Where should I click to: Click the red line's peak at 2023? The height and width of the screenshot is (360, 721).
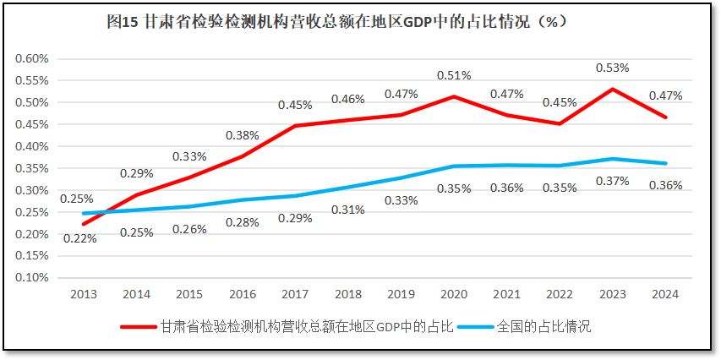(613, 89)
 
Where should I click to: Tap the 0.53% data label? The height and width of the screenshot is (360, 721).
(613, 68)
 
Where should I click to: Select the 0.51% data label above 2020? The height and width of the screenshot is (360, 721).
(454, 75)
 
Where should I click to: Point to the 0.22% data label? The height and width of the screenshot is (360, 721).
(79, 238)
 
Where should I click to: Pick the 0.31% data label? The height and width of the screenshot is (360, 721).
(347, 210)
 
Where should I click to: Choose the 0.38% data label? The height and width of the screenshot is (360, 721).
(242, 135)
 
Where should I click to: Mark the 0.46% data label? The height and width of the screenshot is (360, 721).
(347, 99)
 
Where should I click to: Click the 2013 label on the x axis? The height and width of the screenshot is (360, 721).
(83, 294)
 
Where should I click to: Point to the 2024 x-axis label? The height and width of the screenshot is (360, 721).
(666, 294)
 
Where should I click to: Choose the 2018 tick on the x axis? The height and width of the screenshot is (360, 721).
(347, 294)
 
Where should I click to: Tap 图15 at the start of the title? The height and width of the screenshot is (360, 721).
(122, 23)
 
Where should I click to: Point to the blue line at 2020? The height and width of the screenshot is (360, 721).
(454, 166)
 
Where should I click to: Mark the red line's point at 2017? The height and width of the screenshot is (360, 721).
(295, 126)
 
